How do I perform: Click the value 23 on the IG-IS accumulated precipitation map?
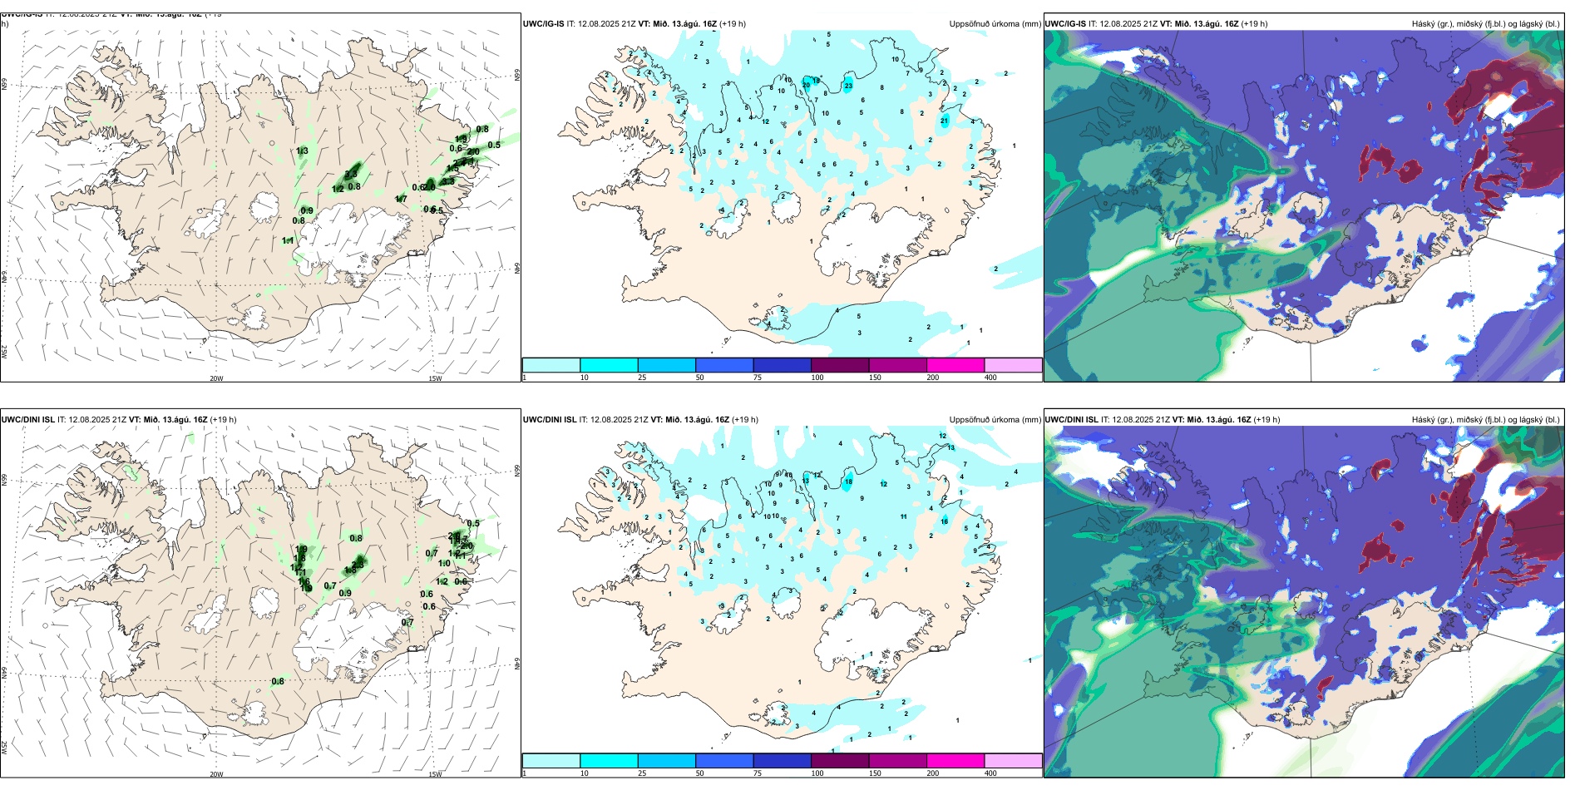(x=848, y=86)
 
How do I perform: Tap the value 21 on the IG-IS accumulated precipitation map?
(x=944, y=121)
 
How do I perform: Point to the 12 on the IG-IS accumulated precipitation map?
(x=765, y=122)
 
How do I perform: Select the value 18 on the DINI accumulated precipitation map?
(x=848, y=481)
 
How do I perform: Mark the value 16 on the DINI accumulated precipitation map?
(x=944, y=521)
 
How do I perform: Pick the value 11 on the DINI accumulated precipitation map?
(x=903, y=516)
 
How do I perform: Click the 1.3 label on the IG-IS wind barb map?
(x=302, y=151)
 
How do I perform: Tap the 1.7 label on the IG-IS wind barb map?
(x=401, y=199)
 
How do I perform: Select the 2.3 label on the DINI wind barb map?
(x=358, y=565)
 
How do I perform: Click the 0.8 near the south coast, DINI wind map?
(x=278, y=681)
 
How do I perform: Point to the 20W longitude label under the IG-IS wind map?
(x=216, y=378)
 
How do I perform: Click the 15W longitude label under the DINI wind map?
(x=435, y=774)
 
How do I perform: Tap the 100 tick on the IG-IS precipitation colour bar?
(x=817, y=378)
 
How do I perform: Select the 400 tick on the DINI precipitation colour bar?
(x=990, y=773)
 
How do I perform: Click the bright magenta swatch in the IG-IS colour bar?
(x=955, y=365)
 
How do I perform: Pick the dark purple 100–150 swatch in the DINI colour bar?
(x=839, y=761)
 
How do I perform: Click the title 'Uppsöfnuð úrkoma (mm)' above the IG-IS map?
(x=995, y=24)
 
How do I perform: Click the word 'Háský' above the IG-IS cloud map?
(x=1424, y=24)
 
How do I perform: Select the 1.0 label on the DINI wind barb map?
(x=444, y=563)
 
